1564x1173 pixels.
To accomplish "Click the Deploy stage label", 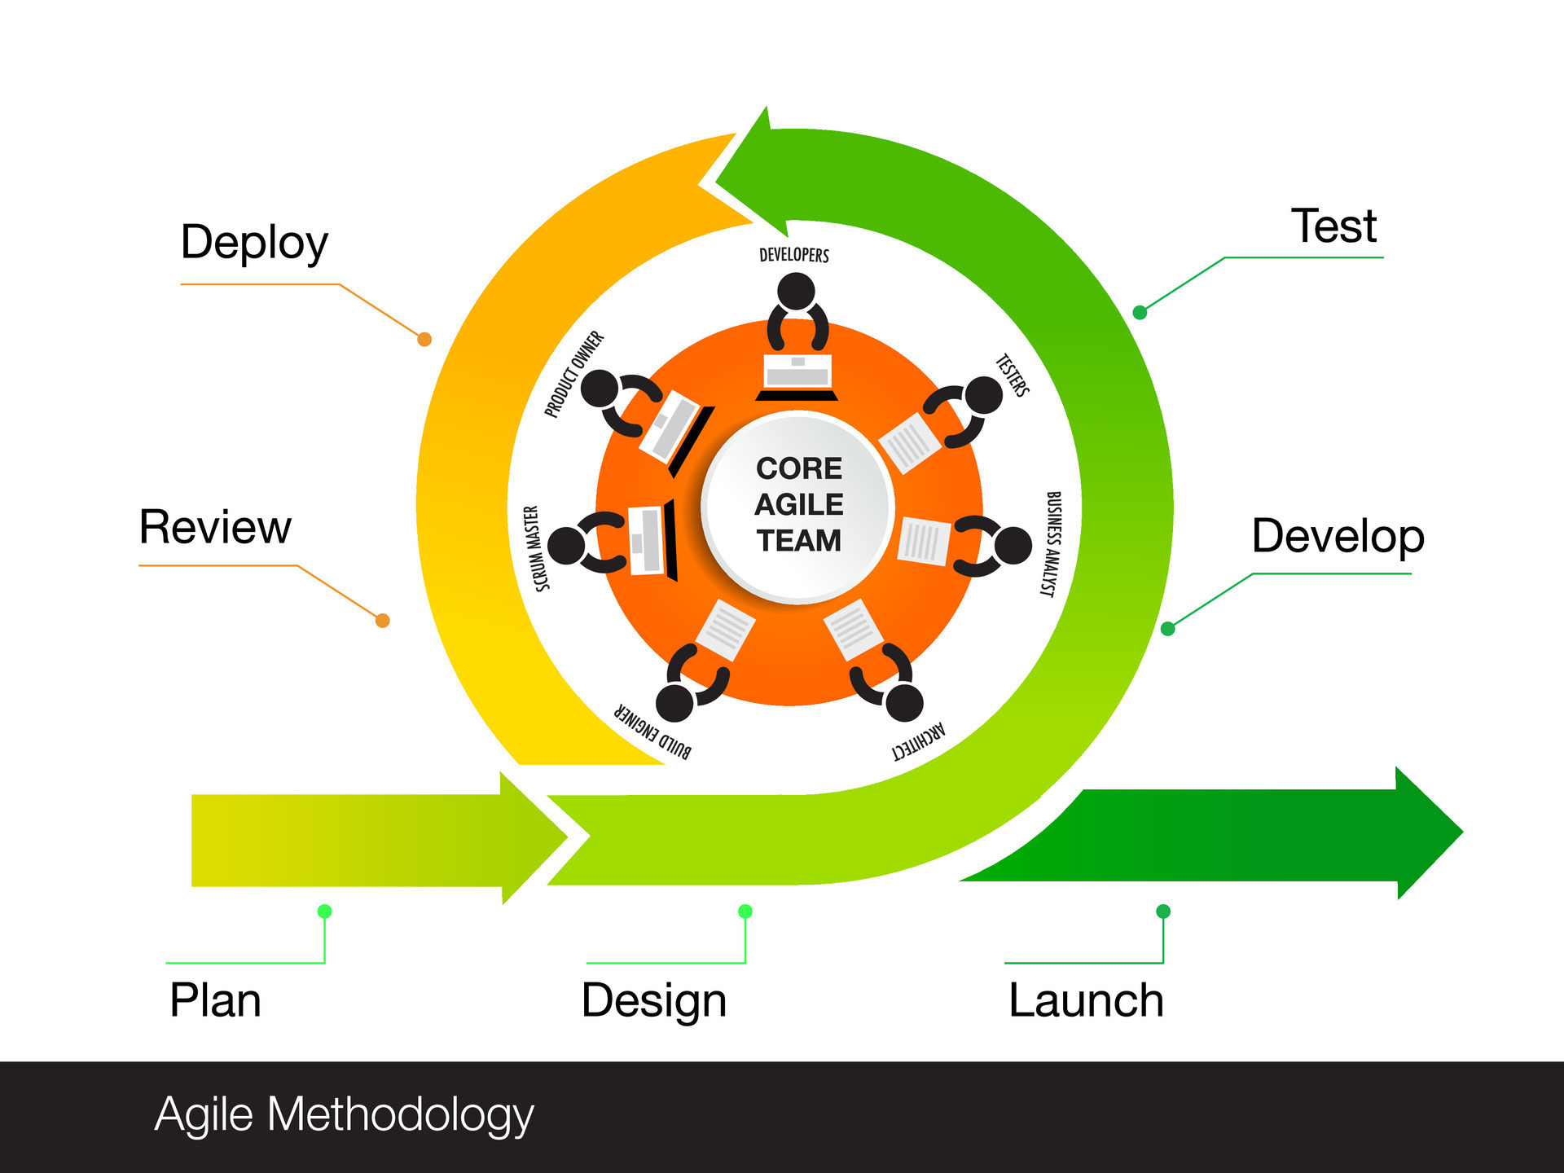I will coord(254,244).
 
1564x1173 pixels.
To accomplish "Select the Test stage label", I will coord(1333,226).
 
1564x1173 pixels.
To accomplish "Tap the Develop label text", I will coord(1338,537).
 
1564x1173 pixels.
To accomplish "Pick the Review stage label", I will coord(215,527).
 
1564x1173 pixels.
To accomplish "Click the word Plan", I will coord(215,1000).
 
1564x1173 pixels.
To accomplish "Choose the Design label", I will coord(653,1001).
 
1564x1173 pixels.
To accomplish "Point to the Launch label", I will coord(1086,1000).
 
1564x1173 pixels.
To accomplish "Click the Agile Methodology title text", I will coord(344,1115).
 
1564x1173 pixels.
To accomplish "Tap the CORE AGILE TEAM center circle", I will coord(798,505).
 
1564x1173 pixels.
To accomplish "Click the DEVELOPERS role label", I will coord(794,255).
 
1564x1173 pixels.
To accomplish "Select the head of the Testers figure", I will coord(984,394).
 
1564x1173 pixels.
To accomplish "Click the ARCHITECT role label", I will coord(919,740).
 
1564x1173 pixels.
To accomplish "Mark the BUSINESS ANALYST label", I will coord(1052,544).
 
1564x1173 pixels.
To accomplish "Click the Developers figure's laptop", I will coord(797,375).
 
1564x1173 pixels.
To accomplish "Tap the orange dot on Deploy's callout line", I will coord(424,339).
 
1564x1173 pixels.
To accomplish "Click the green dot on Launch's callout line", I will coord(1163,911).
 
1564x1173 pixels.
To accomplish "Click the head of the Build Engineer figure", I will coord(674,702).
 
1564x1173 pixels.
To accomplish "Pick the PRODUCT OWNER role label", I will coord(574,374).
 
